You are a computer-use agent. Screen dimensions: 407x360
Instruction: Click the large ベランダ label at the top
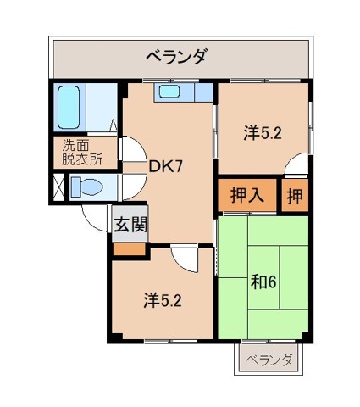177,58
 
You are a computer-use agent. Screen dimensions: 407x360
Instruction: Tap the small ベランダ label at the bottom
269,360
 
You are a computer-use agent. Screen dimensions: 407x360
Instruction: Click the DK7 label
166,167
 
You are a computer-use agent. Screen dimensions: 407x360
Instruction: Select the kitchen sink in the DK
171,92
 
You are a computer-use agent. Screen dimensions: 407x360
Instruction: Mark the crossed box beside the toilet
58,187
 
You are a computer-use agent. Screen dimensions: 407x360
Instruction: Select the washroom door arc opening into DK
128,150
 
